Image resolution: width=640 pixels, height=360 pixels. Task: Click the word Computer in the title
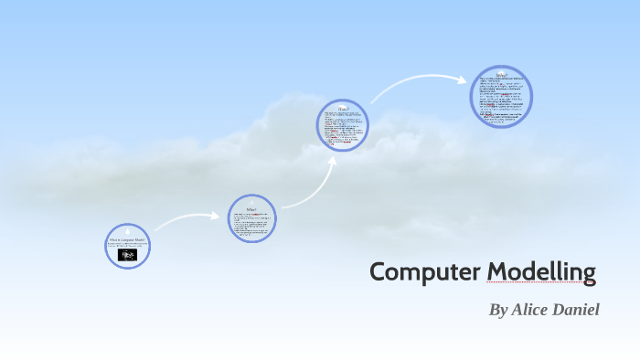tap(425, 272)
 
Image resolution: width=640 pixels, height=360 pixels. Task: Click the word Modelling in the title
tap(541, 272)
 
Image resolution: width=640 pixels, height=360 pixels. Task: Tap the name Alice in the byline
tap(530, 310)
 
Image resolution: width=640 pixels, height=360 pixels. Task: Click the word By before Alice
tap(498, 310)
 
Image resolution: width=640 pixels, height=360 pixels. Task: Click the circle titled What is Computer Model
tap(127, 246)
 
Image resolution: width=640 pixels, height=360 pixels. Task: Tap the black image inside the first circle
tap(127, 256)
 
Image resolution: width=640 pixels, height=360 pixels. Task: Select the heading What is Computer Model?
tap(127, 239)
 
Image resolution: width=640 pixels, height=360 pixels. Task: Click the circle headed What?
tap(251, 218)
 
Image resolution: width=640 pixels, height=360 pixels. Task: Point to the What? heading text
tap(251, 208)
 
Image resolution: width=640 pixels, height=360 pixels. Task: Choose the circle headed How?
tap(342, 125)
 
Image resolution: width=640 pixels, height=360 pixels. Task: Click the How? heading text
tap(342, 109)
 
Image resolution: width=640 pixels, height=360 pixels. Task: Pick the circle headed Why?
tap(501, 96)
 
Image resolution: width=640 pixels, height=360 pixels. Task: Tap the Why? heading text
tap(501, 74)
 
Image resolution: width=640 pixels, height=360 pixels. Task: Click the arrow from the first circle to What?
tap(187, 219)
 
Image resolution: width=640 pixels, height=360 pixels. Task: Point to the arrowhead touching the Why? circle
tap(463, 79)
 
